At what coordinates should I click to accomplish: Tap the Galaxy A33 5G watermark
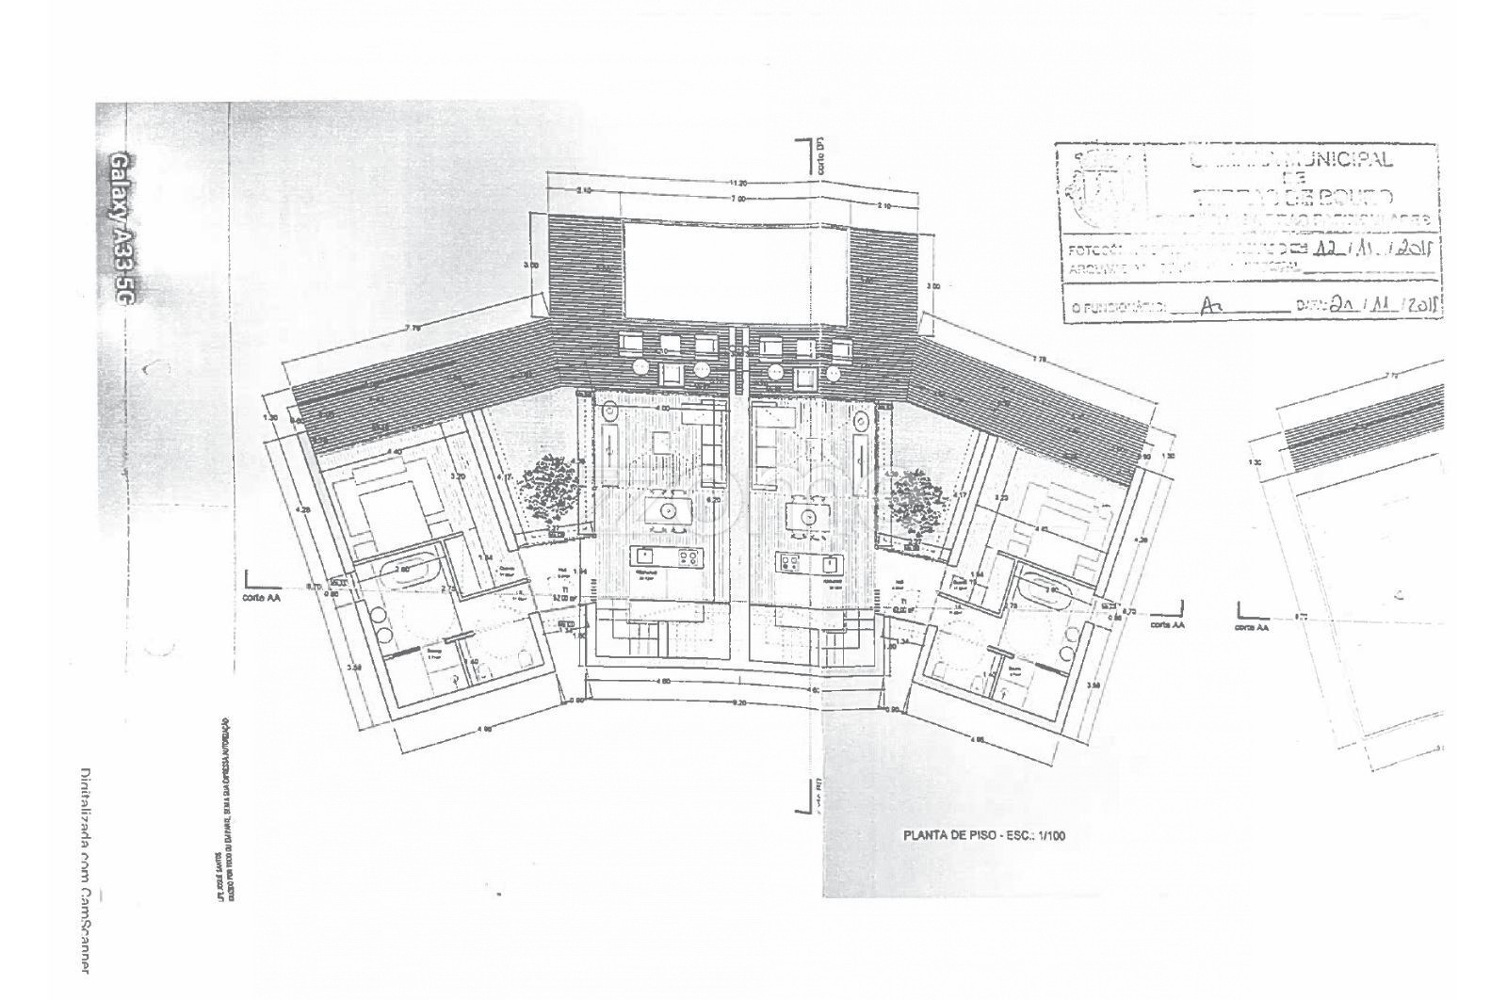tap(121, 226)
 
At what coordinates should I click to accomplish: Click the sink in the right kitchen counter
tap(828, 563)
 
